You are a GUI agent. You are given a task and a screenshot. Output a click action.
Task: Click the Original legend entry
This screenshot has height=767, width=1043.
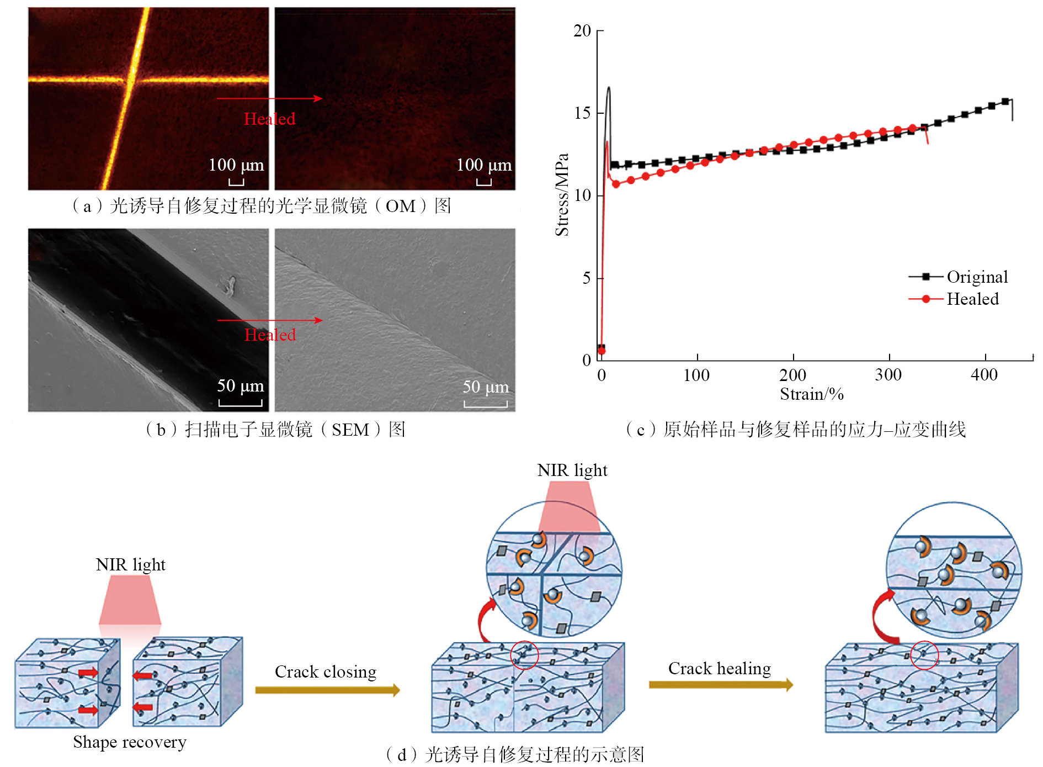pyautogui.click(x=977, y=277)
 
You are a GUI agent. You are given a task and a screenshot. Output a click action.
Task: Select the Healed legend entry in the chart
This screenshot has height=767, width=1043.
pyautogui.click(x=972, y=299)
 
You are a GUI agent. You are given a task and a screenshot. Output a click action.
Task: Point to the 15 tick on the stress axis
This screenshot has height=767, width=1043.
pyautogui.click(x=582, y=113)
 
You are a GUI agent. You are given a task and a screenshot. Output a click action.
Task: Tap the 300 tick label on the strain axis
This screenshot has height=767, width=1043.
pyautogui.click(x=888, y=375)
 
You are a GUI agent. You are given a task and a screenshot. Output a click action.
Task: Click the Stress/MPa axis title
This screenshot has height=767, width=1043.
pyautogui.click(x=562, y=194)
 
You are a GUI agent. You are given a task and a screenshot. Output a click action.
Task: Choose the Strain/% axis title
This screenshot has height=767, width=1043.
pyautogui.click(x=811, y=394)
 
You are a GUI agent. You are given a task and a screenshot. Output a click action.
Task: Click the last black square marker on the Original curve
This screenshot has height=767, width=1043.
pyautogui.click(x=1005, y=102)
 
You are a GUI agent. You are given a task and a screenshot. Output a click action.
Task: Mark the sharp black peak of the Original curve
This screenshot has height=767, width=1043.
pyautogui.click(x=609, y=88)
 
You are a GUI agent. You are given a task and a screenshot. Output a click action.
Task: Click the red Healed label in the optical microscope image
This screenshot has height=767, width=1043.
pyautogui.click(x=269, y=119)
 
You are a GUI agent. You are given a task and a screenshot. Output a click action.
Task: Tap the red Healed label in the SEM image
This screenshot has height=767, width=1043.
pyautogui.click(x=270, y=335)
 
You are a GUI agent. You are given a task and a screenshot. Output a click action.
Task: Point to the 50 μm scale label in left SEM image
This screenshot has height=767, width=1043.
pyautogui.click(x=240, y=385)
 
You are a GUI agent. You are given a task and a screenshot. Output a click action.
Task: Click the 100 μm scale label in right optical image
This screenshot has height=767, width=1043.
pyautogui.click(x=483, y=165)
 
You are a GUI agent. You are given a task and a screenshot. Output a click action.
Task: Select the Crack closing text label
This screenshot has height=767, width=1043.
pyautogui.click(x=326, y=671)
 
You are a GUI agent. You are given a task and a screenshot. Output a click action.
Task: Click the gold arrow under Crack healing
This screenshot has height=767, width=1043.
pyautogui.click(x=720, y=685)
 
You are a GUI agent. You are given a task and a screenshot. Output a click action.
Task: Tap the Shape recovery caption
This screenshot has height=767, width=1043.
pyautogui.click(x=130, y=742)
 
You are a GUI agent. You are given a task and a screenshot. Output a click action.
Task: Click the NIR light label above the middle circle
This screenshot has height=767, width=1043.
pyautogui.click(x=572, y=470)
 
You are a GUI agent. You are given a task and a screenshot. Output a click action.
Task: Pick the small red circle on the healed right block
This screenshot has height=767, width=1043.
pyautogui.click(x=924, y=655)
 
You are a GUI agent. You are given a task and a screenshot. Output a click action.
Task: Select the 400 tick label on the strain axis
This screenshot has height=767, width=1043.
pyautogui.click(x=984, y=375)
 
